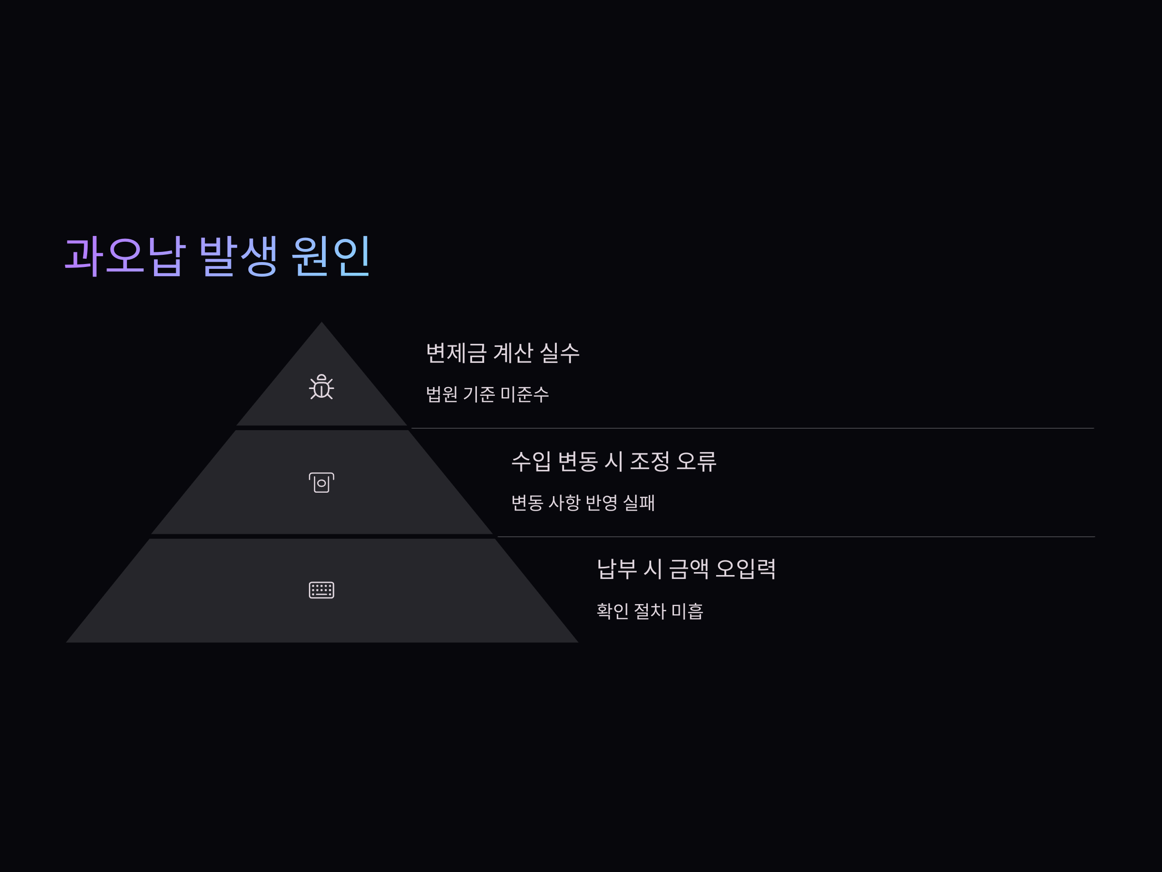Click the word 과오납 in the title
[125, 256]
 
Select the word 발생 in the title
[238, 256]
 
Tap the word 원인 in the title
[331, 256]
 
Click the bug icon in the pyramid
[321, 387]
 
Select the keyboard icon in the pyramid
[321, 590]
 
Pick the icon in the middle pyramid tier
[321, 483]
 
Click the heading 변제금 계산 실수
[503, 353]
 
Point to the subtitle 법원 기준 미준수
[488, 394]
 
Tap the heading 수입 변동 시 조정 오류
[613, 462]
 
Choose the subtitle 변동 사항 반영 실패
[583, 503]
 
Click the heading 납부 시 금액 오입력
[686, 569]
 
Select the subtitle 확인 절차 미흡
[650, 611]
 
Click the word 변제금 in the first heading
[456, 353]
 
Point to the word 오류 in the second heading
[696, 462]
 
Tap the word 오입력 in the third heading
[746, 569]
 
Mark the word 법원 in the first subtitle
[441, 394]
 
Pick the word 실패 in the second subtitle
[639, 503]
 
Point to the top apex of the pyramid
[321, 324]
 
